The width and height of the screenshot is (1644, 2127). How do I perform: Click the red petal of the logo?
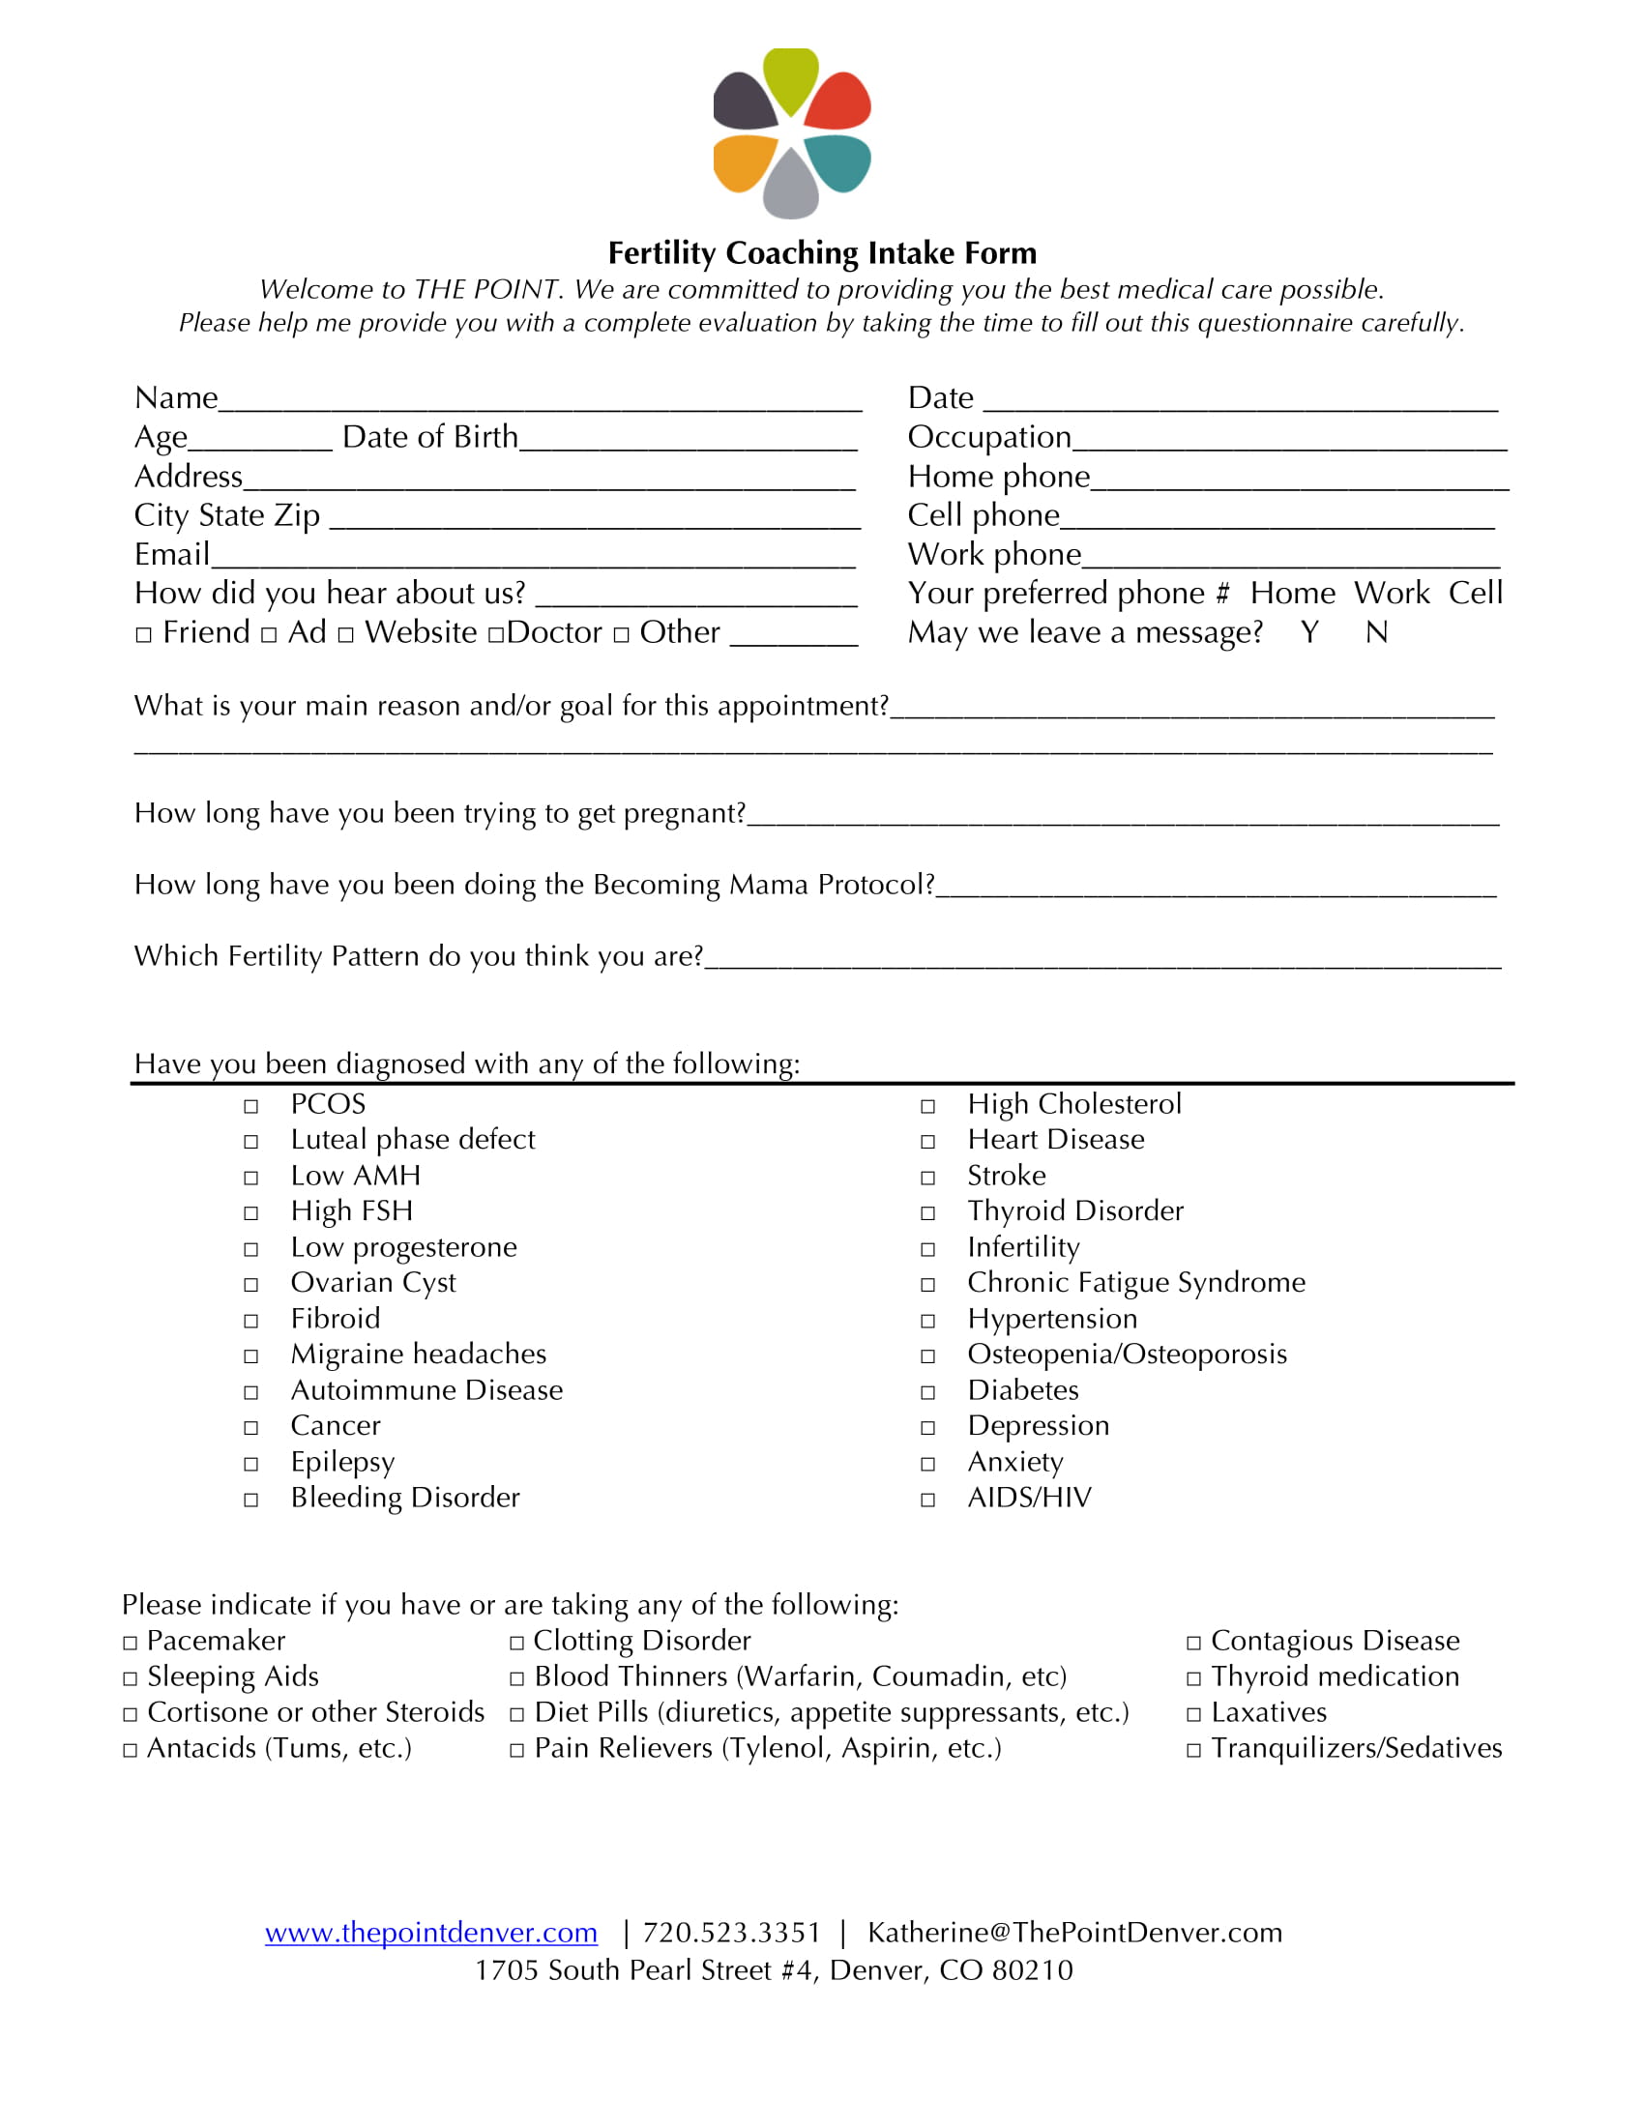[x=839, y=103]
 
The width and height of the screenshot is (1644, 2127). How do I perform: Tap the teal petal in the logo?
[x=839, y=161]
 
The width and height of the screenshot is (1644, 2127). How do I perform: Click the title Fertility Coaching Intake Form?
[x=822, y=253]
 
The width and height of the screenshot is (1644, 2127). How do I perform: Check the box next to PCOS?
[x=251, y=1106]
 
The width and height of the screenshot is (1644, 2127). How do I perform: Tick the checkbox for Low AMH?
[x=251, y=1178]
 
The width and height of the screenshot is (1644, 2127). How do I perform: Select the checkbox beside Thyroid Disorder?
[x=928, y=1213]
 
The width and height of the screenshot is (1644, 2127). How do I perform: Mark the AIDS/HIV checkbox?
[x=928, y=1500]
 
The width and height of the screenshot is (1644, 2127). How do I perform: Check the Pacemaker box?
[x=131, y=1643]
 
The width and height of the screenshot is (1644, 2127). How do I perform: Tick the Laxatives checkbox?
[x=1194, y=1715]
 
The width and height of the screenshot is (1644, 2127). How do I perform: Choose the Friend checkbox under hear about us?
[x=144, y=635]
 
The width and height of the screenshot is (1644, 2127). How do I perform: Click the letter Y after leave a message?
[x=1310, y=633]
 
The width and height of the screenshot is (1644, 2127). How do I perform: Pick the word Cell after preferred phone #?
[x=1476, y=593]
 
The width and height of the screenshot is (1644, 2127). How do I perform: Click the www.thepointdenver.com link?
[x=430, y=1934]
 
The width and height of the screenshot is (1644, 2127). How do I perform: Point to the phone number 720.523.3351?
[x=731, y=1934]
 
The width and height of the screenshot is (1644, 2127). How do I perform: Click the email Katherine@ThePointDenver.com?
[x=1074, y=1934]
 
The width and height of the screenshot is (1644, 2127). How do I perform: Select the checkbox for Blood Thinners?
[x=517, y=1679]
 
